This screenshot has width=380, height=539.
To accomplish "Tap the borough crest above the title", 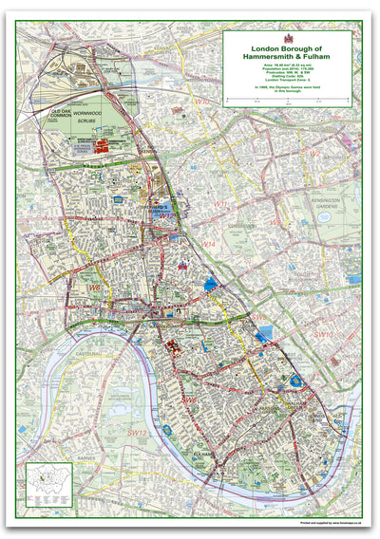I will tap(287, 38).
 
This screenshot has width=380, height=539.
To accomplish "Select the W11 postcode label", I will tap(220, 203).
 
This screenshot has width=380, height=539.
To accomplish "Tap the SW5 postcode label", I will tap(258, 317).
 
